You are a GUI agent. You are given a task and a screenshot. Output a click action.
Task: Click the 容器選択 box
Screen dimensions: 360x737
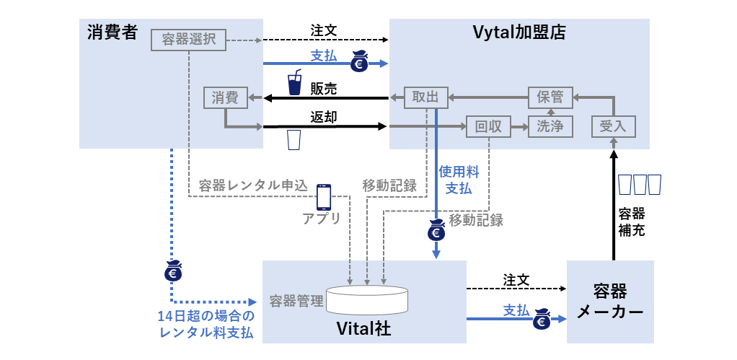(189, 40)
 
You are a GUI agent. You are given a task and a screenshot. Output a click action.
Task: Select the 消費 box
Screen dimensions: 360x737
(226, 97)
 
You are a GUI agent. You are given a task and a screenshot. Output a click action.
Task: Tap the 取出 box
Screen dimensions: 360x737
(425, 97)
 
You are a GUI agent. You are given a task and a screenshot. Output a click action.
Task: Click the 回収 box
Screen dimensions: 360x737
(488, 126)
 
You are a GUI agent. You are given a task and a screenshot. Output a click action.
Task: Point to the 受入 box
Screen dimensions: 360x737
(613, 126)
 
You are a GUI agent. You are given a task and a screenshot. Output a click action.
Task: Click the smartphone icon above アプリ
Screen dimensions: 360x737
(324, 196)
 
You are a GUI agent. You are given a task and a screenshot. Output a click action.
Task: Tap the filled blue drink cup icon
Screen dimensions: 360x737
(294, 83)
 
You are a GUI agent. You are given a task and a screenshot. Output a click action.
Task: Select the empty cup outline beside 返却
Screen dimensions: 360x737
(294, 139)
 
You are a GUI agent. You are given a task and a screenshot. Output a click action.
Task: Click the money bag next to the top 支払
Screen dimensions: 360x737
(361, 62)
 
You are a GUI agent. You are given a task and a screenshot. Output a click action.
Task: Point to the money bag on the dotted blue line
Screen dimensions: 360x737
(173, 271)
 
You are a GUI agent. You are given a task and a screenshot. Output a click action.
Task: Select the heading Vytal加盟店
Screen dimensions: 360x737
(518, 32)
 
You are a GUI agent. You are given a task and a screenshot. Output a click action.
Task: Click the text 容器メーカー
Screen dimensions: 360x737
(610, 302)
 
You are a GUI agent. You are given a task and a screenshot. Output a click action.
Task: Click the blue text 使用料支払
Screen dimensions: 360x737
(455, 180)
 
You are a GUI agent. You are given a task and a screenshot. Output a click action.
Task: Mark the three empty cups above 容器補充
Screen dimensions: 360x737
(639, 184)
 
